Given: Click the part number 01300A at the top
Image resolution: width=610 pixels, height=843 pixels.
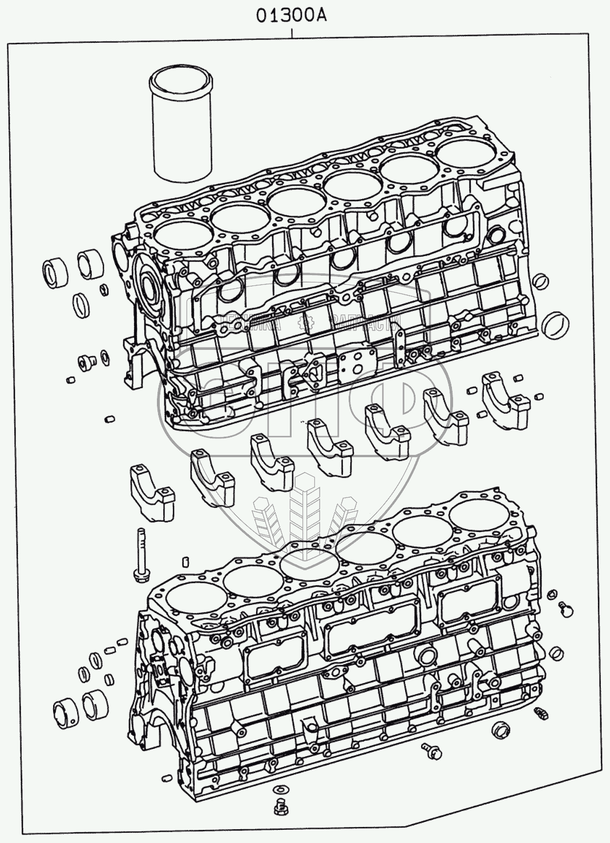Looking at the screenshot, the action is click(x=290, y=16).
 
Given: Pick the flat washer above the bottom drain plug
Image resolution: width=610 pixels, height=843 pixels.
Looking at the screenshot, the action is click(x=280, y=790).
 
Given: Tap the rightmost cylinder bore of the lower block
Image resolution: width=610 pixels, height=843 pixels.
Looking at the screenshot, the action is click(x=478, y=514).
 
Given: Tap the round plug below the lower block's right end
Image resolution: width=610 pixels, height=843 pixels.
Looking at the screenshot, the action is click(x=500, y=730).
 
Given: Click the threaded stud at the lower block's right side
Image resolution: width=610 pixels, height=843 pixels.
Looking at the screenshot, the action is click(x=540, y=713).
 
